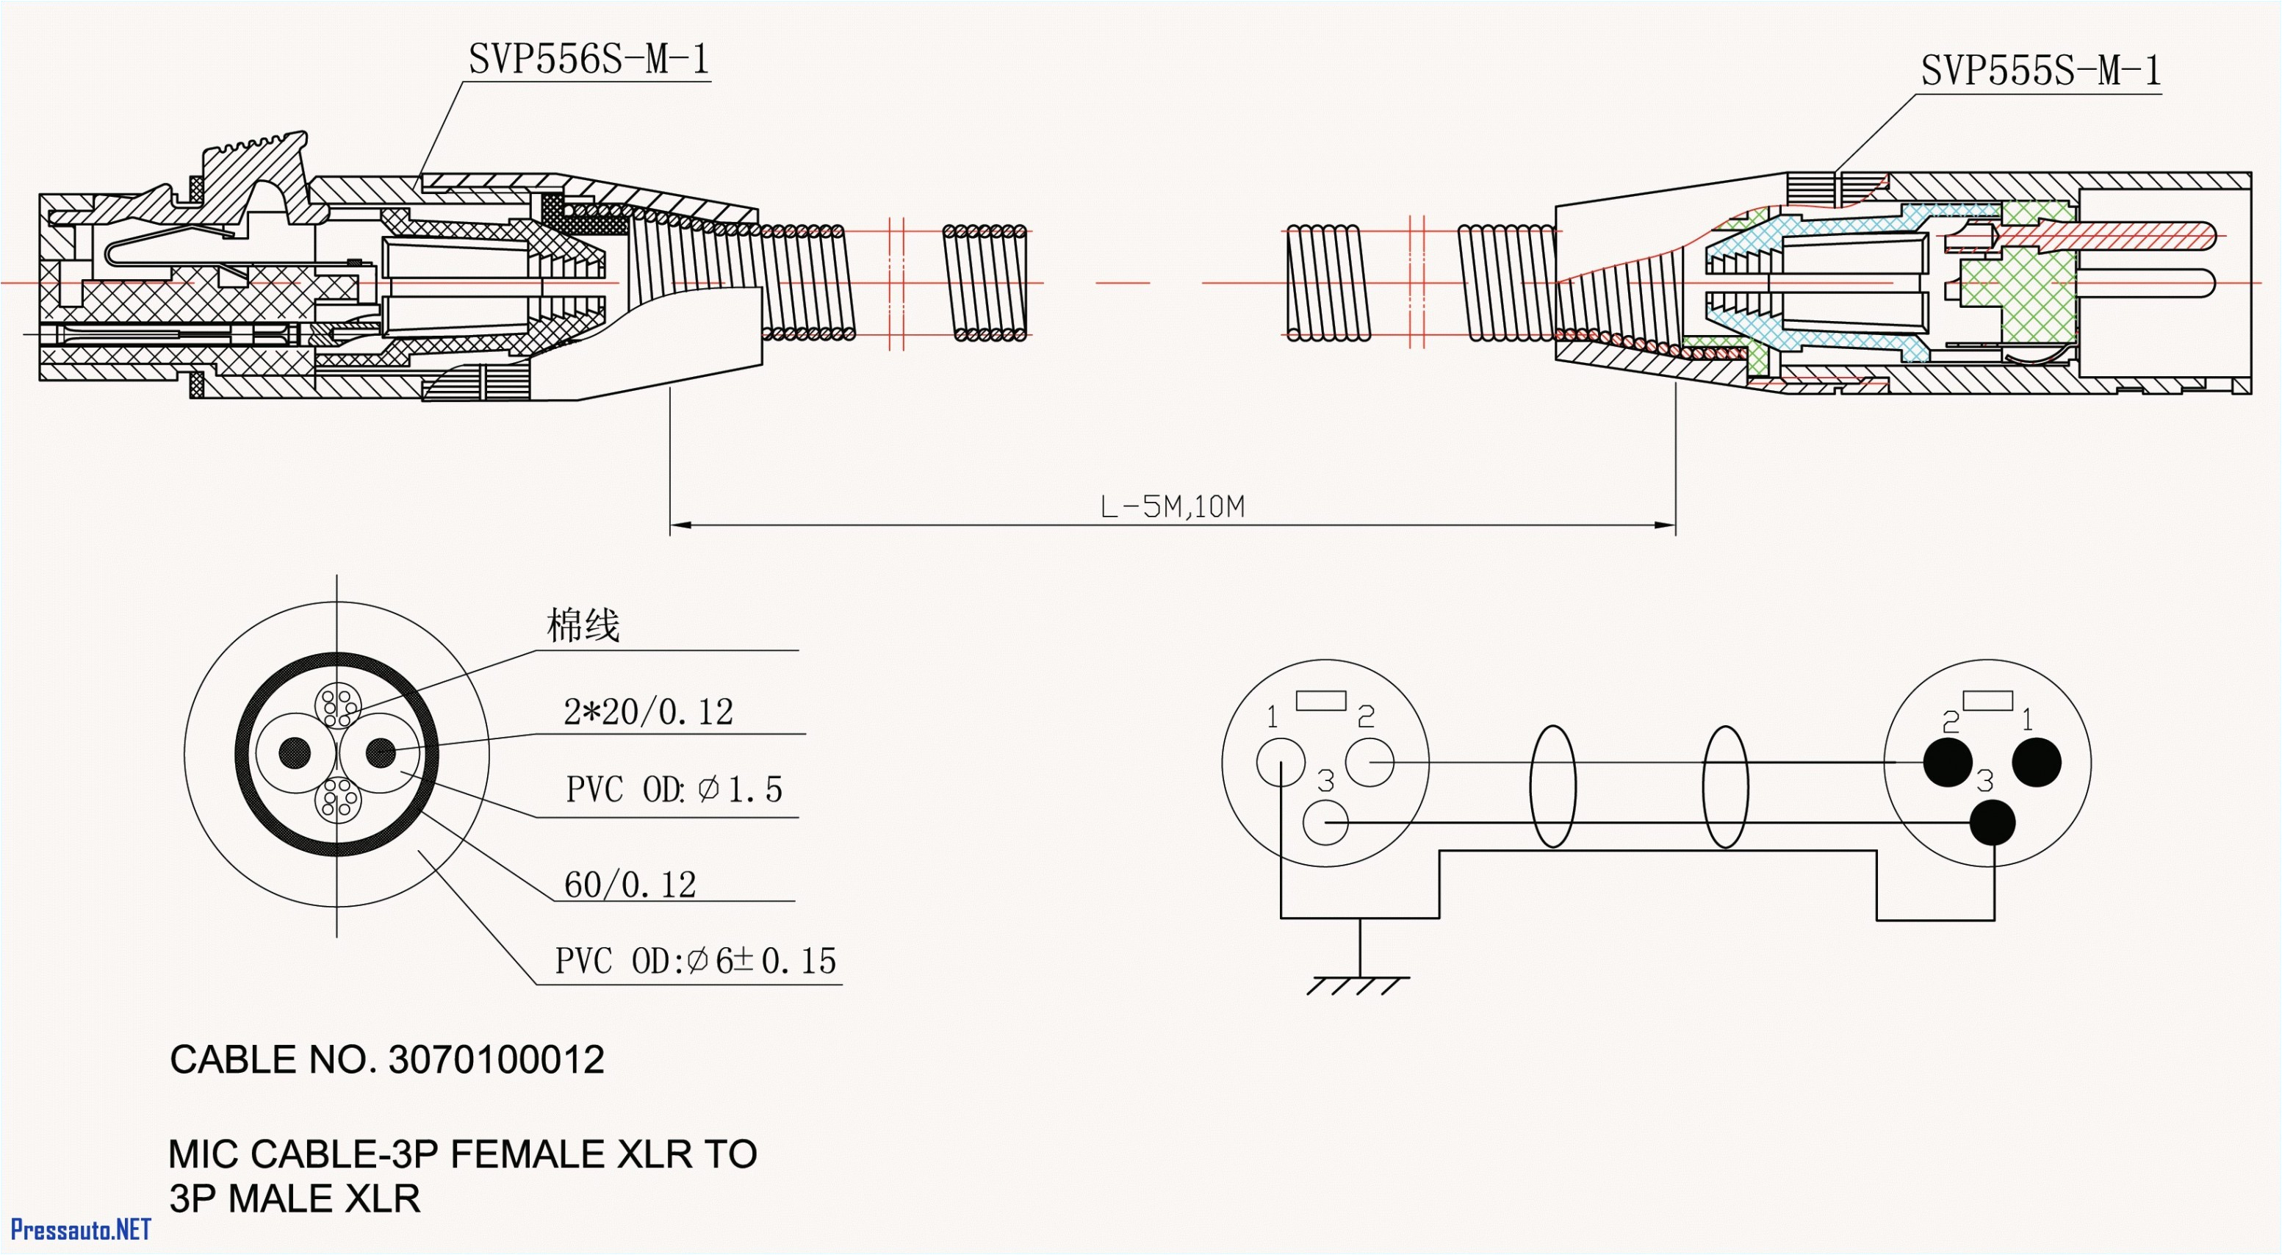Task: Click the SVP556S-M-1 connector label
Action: (589, 60)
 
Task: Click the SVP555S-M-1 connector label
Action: (2040, 71)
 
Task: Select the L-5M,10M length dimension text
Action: (1171, 508)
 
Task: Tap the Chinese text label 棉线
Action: (583, 626)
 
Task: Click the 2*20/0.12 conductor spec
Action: (649, 712)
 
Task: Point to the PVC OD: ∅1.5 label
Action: (673, 789)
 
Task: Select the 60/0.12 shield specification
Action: (630, 885)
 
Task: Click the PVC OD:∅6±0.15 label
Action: (696, 961)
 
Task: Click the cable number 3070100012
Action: (496, 1060)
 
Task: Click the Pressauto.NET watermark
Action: (80, 1230)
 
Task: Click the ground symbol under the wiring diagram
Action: (1358, 983)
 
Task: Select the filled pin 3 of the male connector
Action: (1993, 823)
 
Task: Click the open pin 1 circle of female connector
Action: (1280, 762)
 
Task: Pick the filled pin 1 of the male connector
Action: (2037, 762)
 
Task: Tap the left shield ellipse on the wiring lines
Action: (1552, 786)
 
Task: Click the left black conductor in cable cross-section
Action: (295, 754)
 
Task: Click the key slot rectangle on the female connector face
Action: (1321, 700)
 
